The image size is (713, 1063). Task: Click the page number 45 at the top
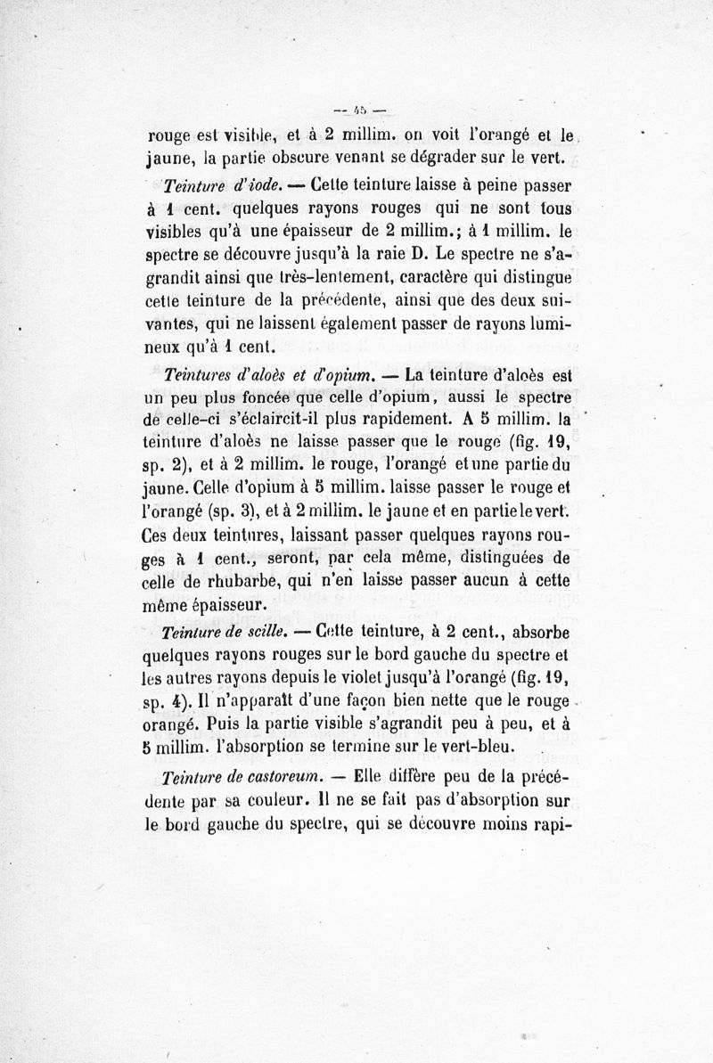(356, 111)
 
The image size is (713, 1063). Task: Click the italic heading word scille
(263, 634)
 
